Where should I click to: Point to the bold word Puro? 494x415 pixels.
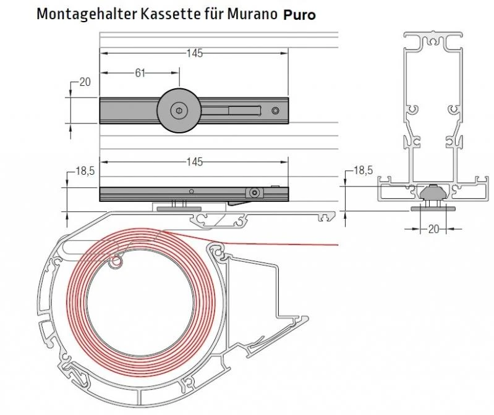coord(300,15)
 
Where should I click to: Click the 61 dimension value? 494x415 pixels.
coord(140,73)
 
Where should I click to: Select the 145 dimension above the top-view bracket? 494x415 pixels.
coord(195,54)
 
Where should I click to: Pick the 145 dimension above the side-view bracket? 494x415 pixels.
coord(195,162)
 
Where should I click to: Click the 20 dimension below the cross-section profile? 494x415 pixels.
coord(433,229)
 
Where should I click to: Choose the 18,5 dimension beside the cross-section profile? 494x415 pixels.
coord(362,170)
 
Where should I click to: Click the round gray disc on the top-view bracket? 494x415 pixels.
coord(178,111)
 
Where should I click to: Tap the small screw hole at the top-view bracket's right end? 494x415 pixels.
coord(275,111)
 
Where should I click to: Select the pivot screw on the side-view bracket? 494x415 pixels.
coord(253,193)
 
